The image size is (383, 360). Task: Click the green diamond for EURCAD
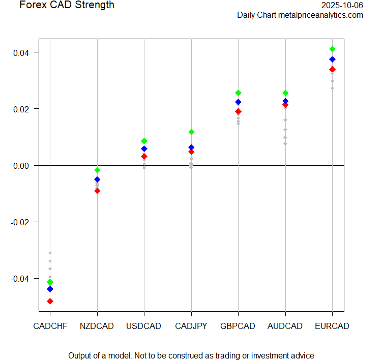point(332,49)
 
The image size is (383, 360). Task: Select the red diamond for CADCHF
point(50,301)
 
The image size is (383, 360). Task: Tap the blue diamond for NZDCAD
point(97,179)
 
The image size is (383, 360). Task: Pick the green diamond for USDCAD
point(144,141)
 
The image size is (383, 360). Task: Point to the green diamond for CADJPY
point(191,132)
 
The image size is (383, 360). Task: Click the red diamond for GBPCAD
point(238,112)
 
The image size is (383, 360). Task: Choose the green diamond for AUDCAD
point(285,93)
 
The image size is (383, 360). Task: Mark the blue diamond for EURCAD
point(332,59)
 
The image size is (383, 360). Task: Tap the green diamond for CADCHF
point(50,282)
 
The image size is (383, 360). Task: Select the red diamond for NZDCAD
point(97,191)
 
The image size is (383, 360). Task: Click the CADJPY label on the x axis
point(191,326)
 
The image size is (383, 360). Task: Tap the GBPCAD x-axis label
point(238,326)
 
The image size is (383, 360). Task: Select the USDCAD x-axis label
point(144,326)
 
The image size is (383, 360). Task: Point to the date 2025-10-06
point(342,5)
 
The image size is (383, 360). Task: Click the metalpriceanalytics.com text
point(320,15)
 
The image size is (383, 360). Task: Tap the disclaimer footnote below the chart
point(191,355)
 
